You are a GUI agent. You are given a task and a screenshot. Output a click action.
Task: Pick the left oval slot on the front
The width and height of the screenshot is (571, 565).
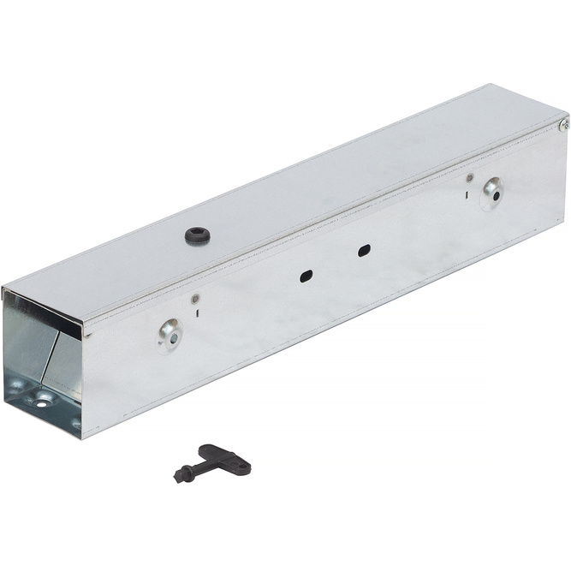click(x=306, y=277)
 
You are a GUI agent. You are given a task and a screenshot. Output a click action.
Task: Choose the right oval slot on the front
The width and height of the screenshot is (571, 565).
click(x=364, y=251)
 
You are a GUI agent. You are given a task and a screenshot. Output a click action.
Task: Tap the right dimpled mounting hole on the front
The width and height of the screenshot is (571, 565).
click(x=491, y=193)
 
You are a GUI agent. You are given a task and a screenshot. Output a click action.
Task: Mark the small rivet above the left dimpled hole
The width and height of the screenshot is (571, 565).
click(x=195, y=299)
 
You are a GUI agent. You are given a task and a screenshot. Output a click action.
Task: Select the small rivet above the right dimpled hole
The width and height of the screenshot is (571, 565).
click(x=470, y=178)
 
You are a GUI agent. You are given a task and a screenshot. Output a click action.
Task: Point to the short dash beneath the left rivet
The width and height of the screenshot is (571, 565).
click(x=197, y=314)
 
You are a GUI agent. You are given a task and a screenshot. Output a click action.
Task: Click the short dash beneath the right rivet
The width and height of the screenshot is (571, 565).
click(x=467, y=194)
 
